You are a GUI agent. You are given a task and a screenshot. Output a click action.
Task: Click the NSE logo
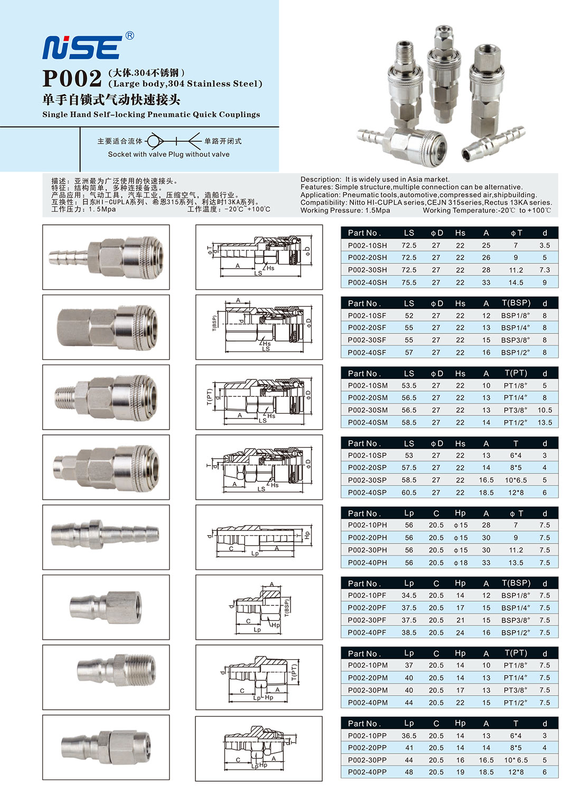pyautogui.click(x=82, y=47)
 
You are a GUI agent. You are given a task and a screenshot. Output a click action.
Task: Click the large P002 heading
pyautogui.click(x=72, y=79)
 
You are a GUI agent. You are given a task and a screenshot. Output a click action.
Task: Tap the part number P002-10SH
pyautogui.click(x=367, y=245)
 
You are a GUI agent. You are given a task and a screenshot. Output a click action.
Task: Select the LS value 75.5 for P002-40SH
pyautogui.click(x=409, y=282)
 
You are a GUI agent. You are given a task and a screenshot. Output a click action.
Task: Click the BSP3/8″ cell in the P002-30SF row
pyautogui.click(x=516, y=340)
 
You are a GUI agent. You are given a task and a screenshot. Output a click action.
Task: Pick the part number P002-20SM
pyautogui.click(x=368, y=398)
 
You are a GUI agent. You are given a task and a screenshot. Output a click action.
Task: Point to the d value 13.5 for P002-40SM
pyautogui.click(x=545, y=422)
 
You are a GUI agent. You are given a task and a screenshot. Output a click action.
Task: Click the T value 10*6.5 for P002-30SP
pyautogui.click(x=516, y=480)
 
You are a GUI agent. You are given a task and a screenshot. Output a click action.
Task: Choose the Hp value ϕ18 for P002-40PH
pyautogui.click(x=461, y=563)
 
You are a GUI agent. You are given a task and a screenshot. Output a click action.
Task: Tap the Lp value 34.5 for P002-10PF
pyautogui.click(x=409, y=595)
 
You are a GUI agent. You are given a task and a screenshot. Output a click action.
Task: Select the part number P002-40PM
pyautogui.click(x=368, y=702)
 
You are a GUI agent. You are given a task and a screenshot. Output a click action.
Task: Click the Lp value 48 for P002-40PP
pyautogui.click(x=409, y=772)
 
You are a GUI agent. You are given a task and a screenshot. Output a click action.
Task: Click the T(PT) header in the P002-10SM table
pyautogui.click(x=516, y=373)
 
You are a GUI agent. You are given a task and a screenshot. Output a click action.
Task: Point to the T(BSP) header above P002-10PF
pyautogui.click(x=516, y=583)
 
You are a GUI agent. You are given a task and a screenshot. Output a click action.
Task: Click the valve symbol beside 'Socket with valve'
pyautogui.click(x=154, y=141)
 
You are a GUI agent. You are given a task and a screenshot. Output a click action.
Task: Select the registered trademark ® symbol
pyautogui.click(x=129, y=36)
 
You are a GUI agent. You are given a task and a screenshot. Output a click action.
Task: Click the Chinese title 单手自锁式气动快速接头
pyautogui.click(x=111, y=100)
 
